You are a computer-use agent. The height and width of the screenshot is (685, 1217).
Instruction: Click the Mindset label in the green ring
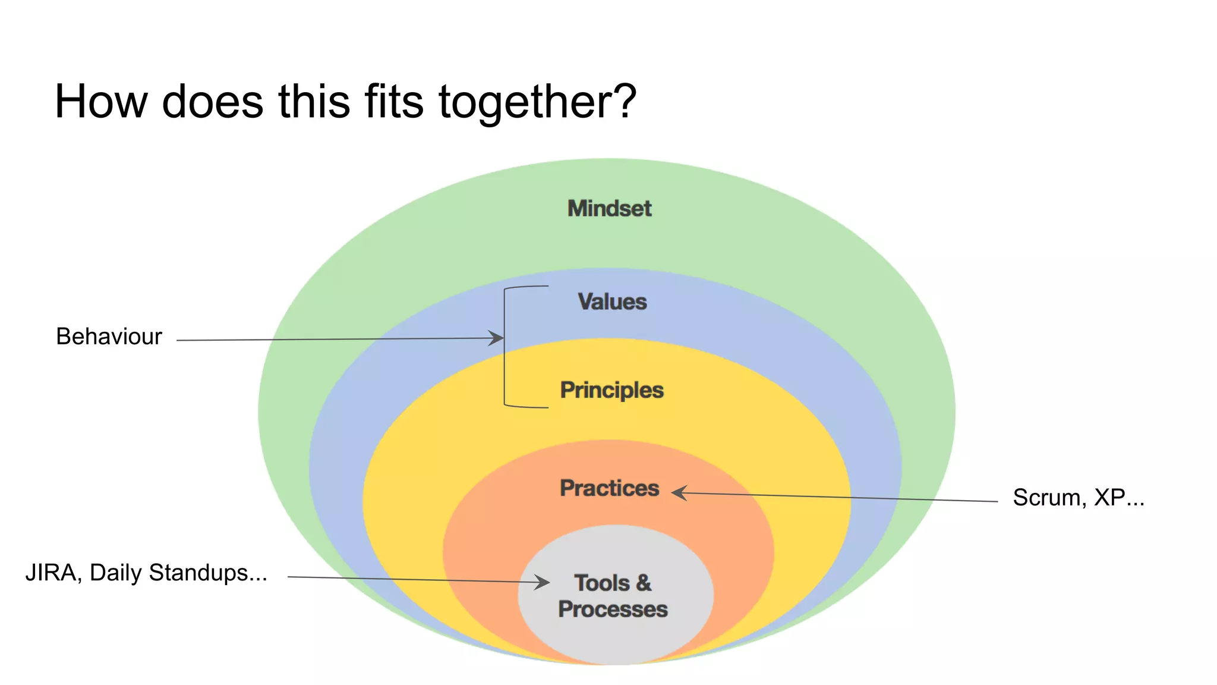(x=609, y=209)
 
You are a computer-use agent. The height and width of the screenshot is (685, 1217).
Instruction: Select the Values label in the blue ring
(x=612, y=301)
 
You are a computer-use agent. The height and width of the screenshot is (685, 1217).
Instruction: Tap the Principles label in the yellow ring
(x=611, y=390)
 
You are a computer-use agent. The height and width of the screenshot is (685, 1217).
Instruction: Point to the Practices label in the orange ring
(x=609, y=488)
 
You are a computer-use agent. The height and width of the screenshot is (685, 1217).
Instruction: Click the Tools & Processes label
(x=613, y=596)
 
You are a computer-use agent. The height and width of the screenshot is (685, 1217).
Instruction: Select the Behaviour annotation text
(x=109, y=337)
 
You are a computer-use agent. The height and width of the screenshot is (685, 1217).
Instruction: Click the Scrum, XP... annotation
(x=1078, y=498)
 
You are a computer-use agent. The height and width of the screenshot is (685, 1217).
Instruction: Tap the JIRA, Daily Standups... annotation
(x=146, y=573)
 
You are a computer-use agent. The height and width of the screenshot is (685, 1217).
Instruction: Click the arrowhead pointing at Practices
(x=679, y=492)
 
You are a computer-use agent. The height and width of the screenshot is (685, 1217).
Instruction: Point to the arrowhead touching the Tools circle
(x=542, y=582)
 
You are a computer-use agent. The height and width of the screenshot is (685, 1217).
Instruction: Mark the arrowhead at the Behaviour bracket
(x=497, y=338)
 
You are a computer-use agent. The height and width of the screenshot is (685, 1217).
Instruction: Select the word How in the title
(x=100, y=101)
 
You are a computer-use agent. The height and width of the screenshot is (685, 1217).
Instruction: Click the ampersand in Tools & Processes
(x=644, y=583)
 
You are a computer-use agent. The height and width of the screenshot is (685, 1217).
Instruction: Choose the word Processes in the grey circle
(x=613, y=609)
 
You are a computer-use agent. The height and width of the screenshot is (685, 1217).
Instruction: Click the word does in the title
(x=212, y=101)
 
